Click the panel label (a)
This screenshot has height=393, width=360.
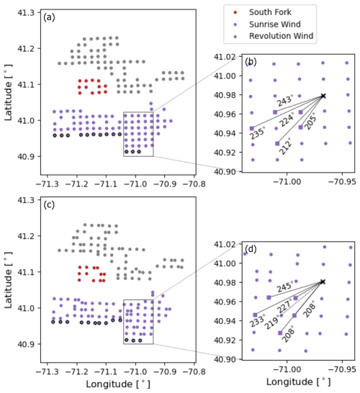click(49, 17)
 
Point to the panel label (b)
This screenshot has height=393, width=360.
click(251, 62)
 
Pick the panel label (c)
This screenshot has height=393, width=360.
click(49, 204)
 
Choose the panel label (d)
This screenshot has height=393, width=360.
click(251, 249)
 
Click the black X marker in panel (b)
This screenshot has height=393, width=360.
click(323, 96)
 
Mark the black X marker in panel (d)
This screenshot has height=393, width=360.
click(323, 282)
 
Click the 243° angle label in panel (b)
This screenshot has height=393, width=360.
click(285, 101)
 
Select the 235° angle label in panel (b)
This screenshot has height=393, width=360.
click(258, 133)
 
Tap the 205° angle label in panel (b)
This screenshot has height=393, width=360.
click(310, 122)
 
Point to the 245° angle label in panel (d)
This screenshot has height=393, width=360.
click(285, 286)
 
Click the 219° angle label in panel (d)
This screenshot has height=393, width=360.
click(272, 322)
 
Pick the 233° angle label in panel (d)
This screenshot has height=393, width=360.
click(258, 320)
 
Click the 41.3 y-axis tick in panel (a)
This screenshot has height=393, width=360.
click(26, 12)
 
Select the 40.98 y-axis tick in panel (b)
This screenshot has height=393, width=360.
click(225, 95)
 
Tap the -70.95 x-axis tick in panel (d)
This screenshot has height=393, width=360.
click(342, 369)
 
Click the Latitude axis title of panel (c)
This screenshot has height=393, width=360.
click(8, 280)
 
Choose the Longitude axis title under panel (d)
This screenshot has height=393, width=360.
click(298, 381)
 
